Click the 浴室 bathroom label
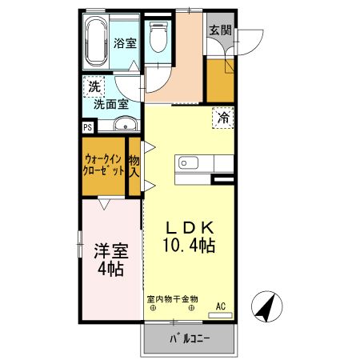pyautogui.click(x=123, y=43)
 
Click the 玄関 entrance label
pyautogui.click(x=220, y=31)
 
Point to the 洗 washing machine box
pyautogui.click(x=94, y=87)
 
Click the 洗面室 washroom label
pyautogui.click(x=111, y=103)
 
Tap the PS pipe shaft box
pyautogui.click(x=87, y=126)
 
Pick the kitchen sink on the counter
pyautogui.click(x=187, y=163)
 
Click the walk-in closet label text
pyautogui.click(x=104, y=165)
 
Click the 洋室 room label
pyautogui.click(x=111, y=250)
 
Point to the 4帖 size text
pyautogui.click(x=111, y=269)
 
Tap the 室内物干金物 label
pyautogui.click(x=172, y=298)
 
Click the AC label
pyautogui.click(x=222, y=305)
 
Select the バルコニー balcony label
pyautogui.click(x=189, y=339)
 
